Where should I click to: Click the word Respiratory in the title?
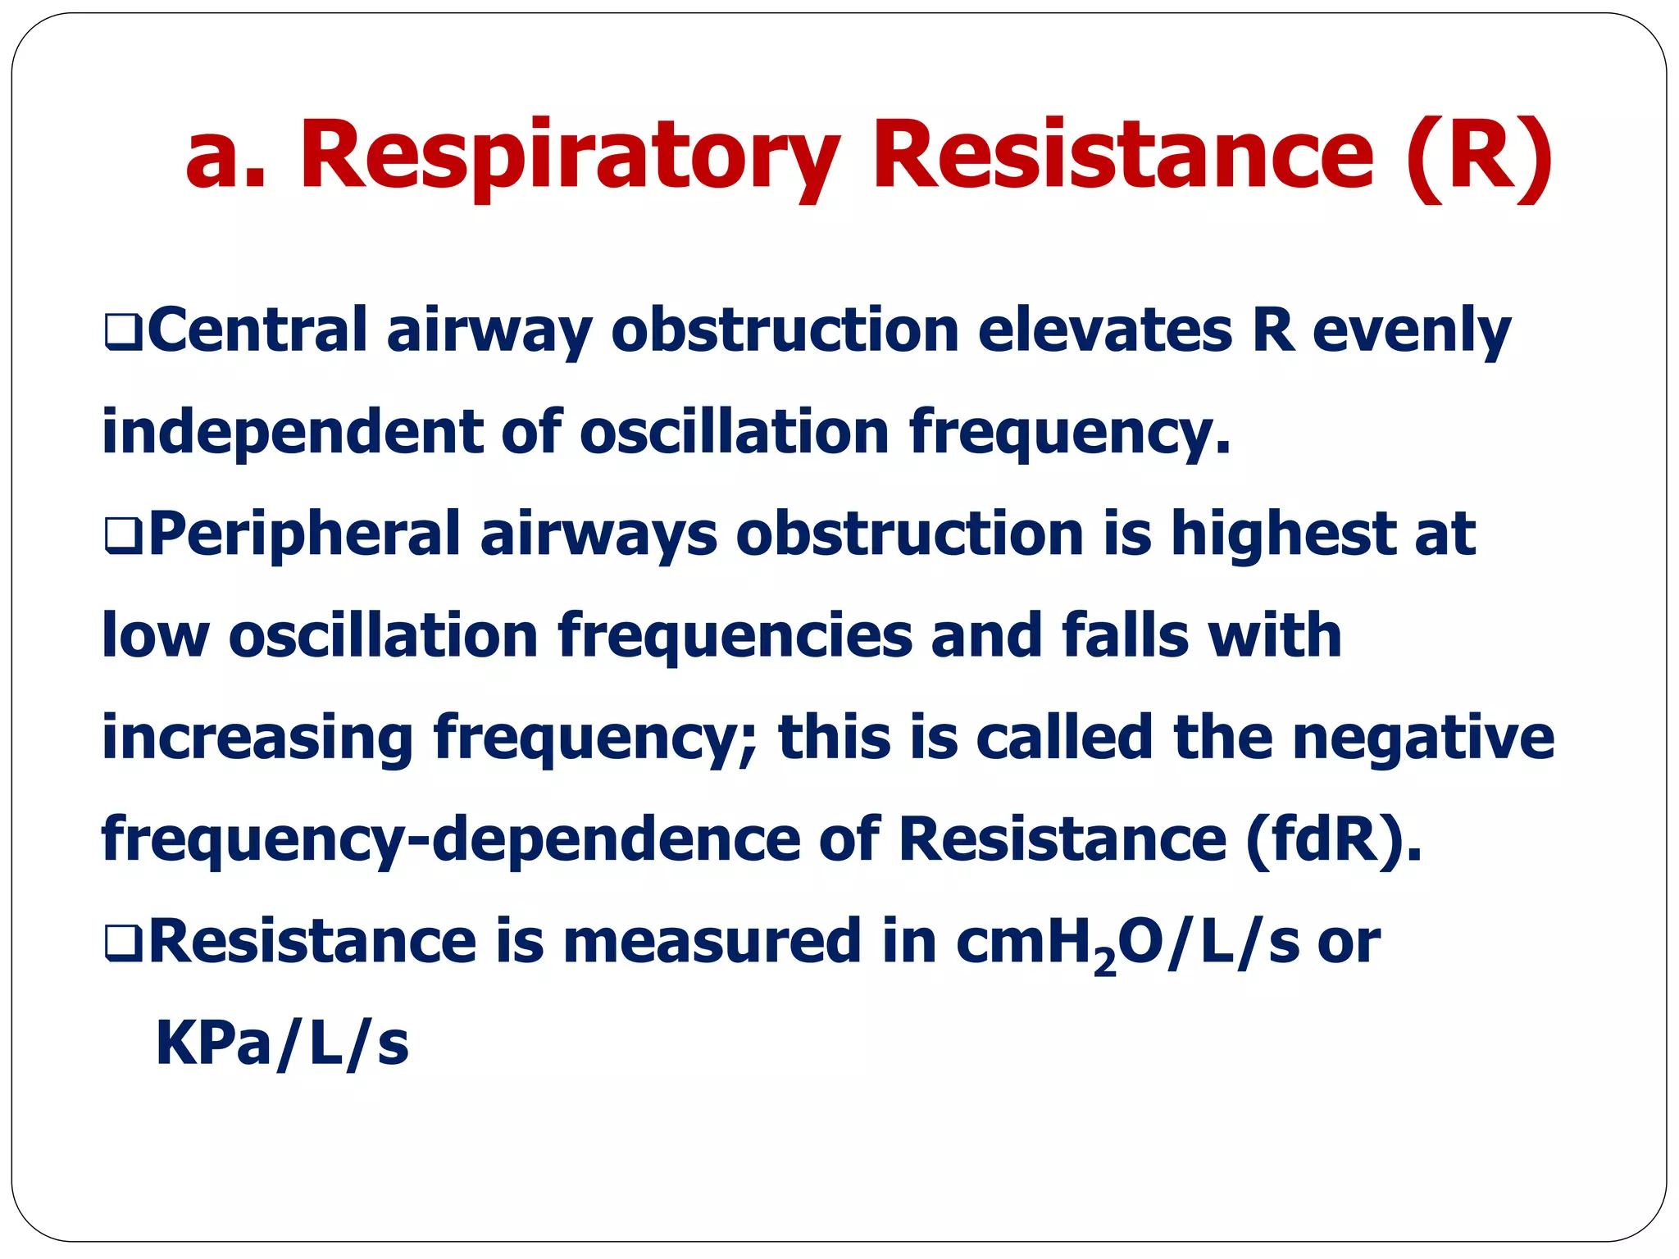click(570, 156)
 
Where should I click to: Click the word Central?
click(257, 330)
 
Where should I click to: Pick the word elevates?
click(1105, 330)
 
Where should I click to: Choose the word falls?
click(1124, 636)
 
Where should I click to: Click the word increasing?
click(257, 738)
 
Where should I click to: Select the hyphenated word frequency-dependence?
click(450, 839)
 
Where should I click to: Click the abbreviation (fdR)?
click(1333, 839)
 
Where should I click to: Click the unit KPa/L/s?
click(282, 1044)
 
